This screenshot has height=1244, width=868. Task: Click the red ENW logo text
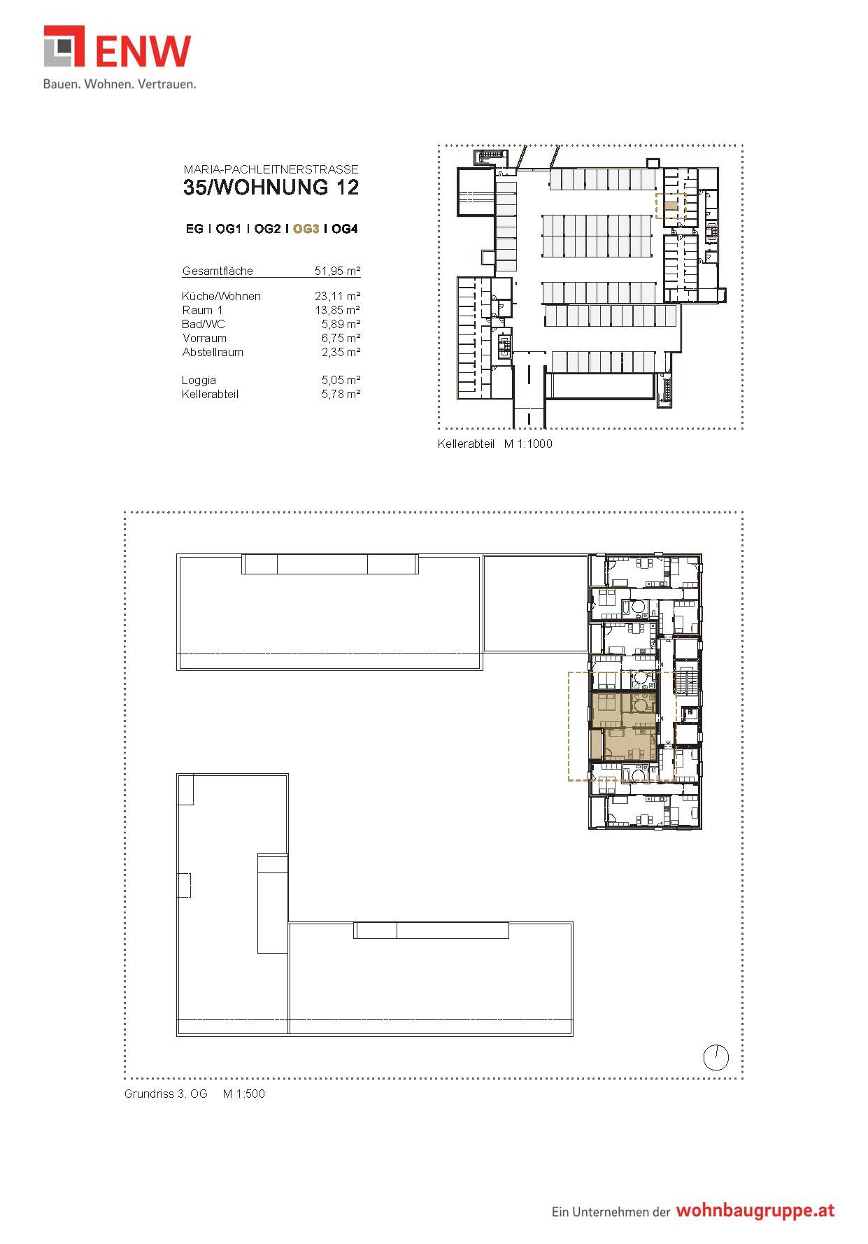pos(143,51)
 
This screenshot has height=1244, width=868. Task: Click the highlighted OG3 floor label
pos(306,229)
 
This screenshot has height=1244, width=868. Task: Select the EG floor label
pos(194,229)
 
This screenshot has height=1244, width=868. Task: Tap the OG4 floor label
pos(345,229)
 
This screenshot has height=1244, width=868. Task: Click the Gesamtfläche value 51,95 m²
pos(337,271)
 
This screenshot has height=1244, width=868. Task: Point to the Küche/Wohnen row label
pos(221,296)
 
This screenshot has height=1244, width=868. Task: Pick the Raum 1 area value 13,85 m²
pos(337,310)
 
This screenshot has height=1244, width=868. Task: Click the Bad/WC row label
pos(204,324)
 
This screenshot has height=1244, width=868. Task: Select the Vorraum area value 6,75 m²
pos(341,338)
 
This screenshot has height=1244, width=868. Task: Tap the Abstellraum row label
pos(213,352)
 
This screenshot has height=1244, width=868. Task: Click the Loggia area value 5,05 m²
pos(341,380)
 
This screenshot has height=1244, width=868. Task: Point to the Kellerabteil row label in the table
pos(210,394)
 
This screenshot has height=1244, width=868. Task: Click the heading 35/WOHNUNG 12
pos(271,188)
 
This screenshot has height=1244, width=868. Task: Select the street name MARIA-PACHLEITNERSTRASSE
pos(271,169)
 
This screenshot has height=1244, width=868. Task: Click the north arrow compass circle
pos(716,1058)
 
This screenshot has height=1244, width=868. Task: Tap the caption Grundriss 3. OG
pos(166,1094)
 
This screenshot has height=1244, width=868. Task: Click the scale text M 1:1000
pos(528,444)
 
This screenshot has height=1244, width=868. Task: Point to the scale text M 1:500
pos(244,1094)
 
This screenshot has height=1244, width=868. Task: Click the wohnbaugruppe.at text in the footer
pos(755,1211)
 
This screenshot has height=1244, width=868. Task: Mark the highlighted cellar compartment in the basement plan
pos(671,206)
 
